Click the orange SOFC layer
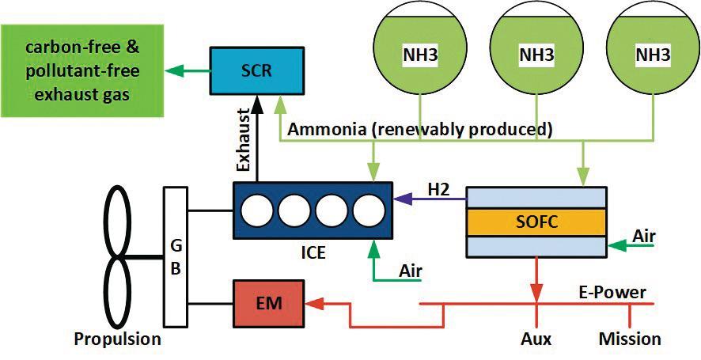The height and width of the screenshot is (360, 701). (x=536, y=222)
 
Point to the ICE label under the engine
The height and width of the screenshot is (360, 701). (x=313, y=254)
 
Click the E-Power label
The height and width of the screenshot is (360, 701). (x=617, y=293)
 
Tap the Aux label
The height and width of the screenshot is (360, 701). (x=536, y=339)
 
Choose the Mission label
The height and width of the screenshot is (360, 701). (x=630, y=339)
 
